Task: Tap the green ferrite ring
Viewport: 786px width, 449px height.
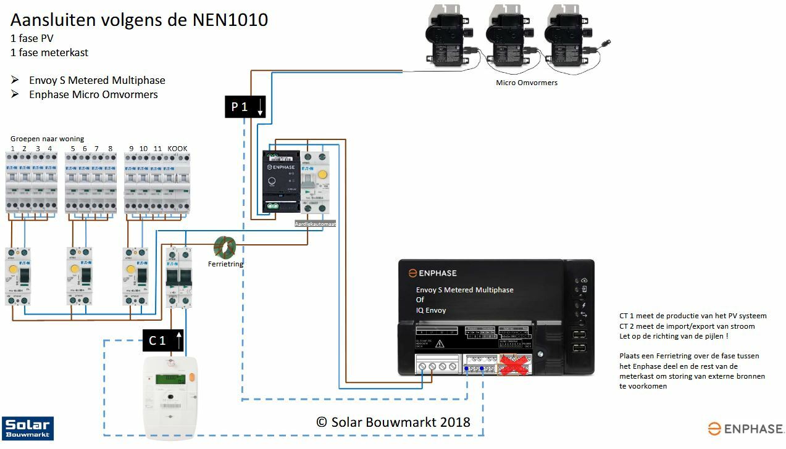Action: click(x=225, y=247)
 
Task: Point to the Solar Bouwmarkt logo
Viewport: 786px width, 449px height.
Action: click(x=27, y=429)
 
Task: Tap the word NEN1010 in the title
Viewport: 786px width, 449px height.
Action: click(x=230, y=20)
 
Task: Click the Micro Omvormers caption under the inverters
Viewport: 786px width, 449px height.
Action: click(x=526, y=82)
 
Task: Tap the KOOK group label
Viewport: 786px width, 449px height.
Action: click(x=177, y=149)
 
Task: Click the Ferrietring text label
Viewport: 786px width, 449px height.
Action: click(x=225, y=264)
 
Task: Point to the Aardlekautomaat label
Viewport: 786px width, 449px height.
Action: click(x=315, y=224)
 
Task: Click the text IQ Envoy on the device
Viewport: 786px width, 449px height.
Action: click(x=431, y=310)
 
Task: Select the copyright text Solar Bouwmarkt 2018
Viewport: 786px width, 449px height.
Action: click(x=393, y=422)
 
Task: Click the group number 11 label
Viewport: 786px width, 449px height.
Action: click(x=157, y=149)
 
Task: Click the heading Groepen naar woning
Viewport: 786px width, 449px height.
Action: click(x=47, y=139)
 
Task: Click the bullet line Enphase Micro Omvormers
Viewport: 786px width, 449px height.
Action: click(x=93, y=94)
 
